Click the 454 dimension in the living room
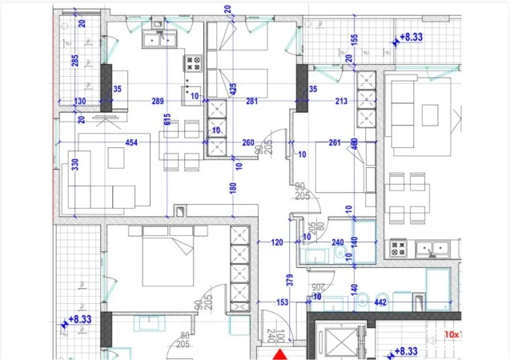coord(131,143)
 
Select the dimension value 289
coord(157,101)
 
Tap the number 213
coord(341,101)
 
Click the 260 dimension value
coord(247,143)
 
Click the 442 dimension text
coord(381,302)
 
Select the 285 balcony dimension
coord(74,62)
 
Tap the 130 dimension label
coord(80,101)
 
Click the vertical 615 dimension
coord(166,120)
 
